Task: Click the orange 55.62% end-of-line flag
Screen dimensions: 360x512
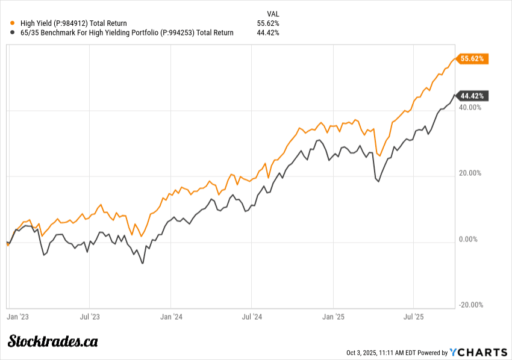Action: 473,58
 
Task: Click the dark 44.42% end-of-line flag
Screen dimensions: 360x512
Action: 473,96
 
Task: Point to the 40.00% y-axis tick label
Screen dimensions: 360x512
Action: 470,107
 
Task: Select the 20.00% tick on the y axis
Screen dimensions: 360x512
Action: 470,173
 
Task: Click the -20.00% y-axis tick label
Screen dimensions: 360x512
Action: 470,305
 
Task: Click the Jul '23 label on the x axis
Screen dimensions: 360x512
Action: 89,315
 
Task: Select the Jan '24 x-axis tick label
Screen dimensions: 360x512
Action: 172,315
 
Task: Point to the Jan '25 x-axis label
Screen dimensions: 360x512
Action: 333,315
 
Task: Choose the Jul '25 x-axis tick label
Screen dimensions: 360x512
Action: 413,315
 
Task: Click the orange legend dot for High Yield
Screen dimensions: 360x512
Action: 13,23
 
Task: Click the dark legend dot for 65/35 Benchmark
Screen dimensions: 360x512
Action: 13,33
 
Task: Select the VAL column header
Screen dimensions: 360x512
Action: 273,13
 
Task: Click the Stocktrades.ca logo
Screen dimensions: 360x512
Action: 52,341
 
